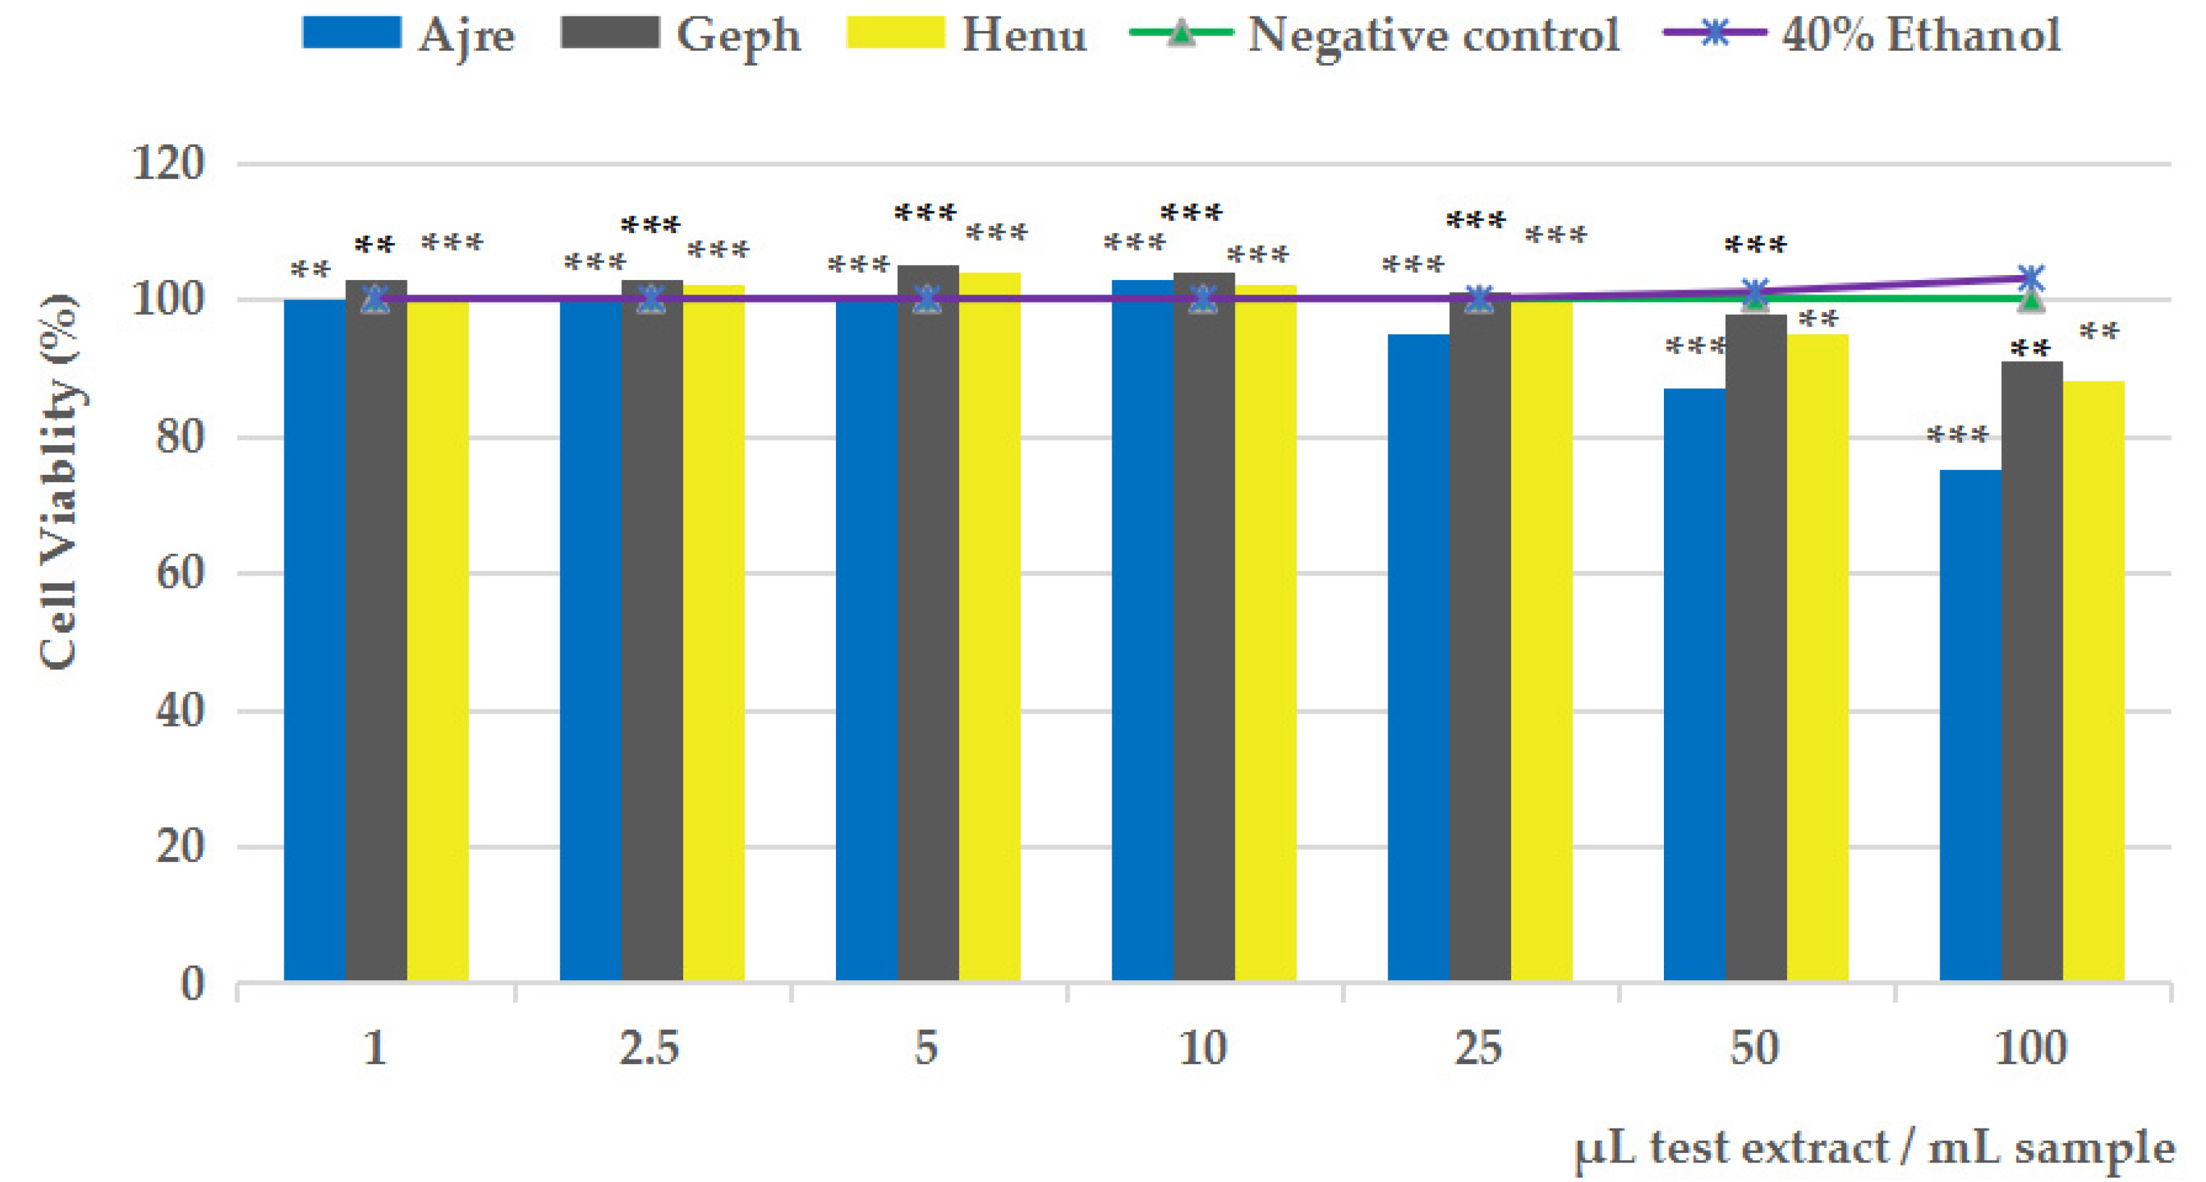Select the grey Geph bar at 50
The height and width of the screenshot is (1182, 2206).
[1756, 648]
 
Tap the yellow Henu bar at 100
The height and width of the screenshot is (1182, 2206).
[2094, 681]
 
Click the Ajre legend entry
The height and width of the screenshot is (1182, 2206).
[408, 34]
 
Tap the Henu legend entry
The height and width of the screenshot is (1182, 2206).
[966, 34]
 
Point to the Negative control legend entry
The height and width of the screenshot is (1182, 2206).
[1375, 34]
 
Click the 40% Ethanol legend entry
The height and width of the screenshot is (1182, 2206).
[1863, 34]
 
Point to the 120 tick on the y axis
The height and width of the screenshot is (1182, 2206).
[169, 163]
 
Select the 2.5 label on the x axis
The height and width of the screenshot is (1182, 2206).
[650, 1047]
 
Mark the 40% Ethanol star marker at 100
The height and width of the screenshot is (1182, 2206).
[2032, 279]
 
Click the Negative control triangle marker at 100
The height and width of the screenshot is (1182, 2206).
[2032, 300]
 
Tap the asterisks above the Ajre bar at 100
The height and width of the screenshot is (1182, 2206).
[1958, 435]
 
